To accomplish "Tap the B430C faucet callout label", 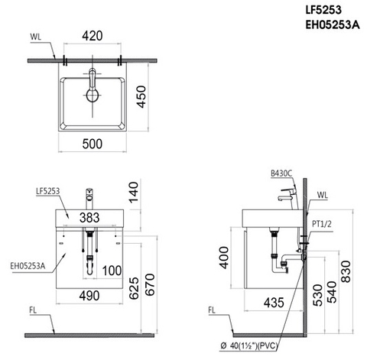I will (x=281, y=174).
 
